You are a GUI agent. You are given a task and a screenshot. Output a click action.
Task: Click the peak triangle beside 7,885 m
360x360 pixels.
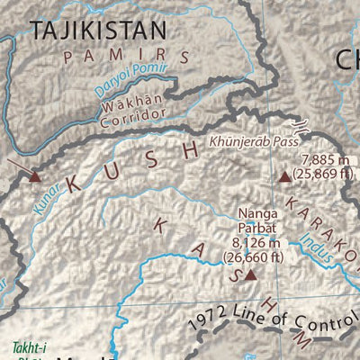pos(285,176)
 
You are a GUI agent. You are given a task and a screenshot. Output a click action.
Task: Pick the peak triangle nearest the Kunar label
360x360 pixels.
pos(35,176)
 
